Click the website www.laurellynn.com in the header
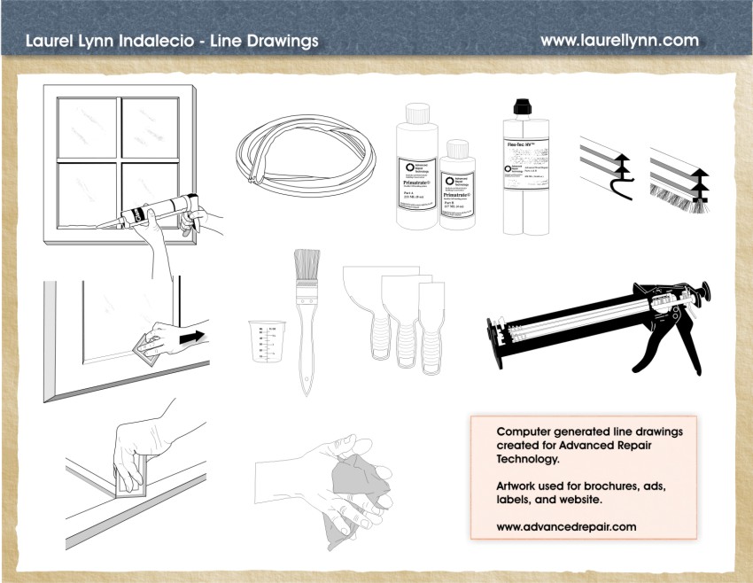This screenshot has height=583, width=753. pos(619,41)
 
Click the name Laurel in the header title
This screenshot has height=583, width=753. pos(49,41)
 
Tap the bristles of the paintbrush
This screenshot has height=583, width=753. pos(307,266)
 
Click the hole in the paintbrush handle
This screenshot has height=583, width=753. pos(307,379)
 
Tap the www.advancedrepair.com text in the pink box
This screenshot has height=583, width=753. pos(566,526)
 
